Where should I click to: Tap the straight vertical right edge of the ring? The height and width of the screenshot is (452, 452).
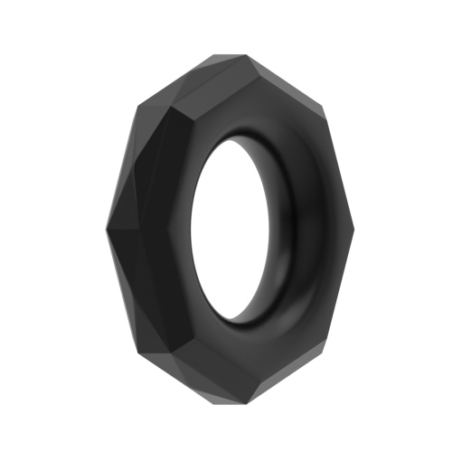pos(345,226)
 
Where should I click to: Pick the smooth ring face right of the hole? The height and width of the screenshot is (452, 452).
pos(321,226)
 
